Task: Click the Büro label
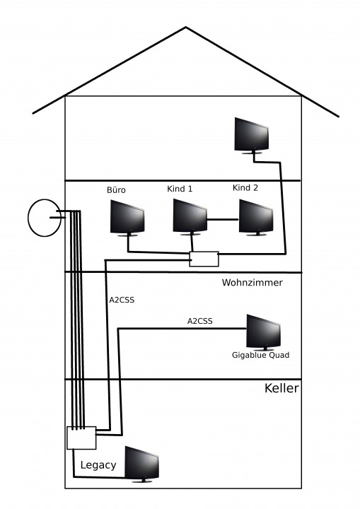[x=116, y=190]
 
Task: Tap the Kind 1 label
[x=180, y=189]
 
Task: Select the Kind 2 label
[x=245, y=188]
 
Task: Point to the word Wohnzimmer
[x=252, y=282]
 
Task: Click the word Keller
[x=281, y=388]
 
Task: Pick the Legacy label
[x=98, y=465]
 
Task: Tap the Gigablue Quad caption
[x=260, y=355]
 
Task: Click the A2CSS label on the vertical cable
[x=122, y=300]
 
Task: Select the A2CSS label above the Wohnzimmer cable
[x=200, y=321]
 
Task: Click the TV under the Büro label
[x=127, y=217]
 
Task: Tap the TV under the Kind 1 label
[x=190, y=216]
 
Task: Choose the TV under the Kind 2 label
[x=256, y=217]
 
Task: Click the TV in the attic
[x=252, y=135]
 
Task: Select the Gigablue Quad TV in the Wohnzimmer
[x=264, y=332]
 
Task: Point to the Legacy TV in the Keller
[x=142, y=464]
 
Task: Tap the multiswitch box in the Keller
[x=81, y=438]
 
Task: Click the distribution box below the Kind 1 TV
[x=204, y=259]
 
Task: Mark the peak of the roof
[x=186, y=27]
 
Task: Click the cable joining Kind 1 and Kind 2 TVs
[x=223, y=220]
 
